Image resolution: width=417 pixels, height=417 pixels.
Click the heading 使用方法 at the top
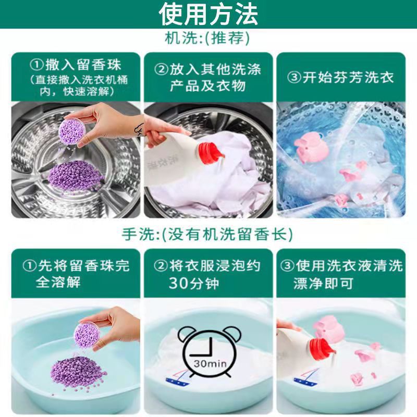point(208,14)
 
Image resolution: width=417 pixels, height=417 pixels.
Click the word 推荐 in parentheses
point(229,40)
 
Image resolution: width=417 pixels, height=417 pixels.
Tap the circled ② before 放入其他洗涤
point(161,69)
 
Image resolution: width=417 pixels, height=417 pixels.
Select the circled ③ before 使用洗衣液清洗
point(288,266)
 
